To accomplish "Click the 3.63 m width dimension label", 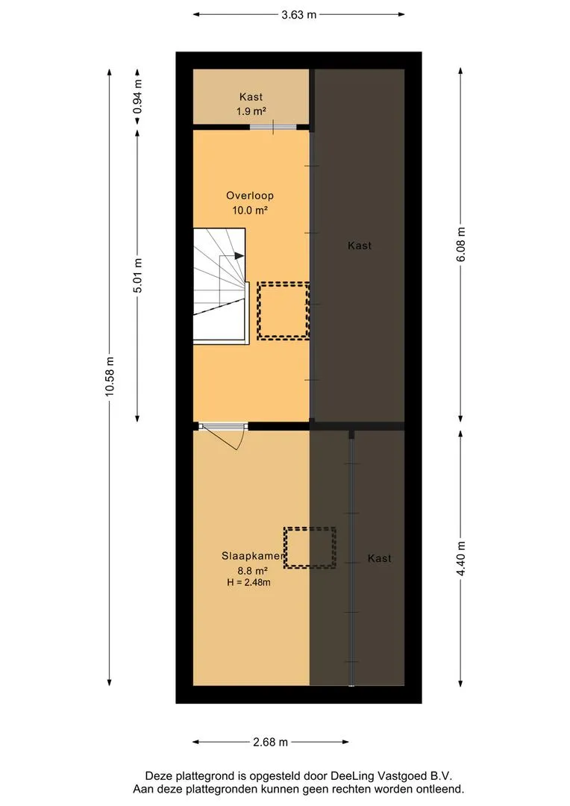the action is (298, 14).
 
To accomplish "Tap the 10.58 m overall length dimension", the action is (110, 376).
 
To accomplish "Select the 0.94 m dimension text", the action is (137, 96).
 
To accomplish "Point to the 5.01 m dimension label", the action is (137, 275).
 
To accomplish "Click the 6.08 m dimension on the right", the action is (460, 244).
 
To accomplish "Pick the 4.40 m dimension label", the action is (460, 558).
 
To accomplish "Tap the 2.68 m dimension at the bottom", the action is (270, 742).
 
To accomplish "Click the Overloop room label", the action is (250, 196).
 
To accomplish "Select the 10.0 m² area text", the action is (250, 210).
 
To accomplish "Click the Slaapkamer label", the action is (253, 556).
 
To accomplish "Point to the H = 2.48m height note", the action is (248, 582).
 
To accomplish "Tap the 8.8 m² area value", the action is (252, 570).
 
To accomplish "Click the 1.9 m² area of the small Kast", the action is (251, 110).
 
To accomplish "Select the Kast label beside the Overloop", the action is (360, 246).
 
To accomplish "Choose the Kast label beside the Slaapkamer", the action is (379, 558).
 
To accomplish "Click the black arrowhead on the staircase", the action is (239, 255).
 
